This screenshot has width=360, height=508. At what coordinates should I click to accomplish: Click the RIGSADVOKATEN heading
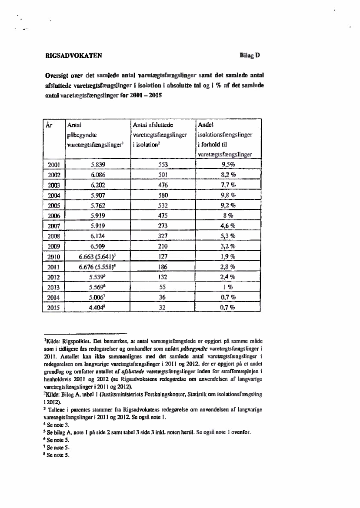tap(73, 56)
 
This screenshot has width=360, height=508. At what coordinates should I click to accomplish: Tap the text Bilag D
tap(250, 56)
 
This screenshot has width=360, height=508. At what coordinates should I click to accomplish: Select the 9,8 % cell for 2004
tap(228, 195)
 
